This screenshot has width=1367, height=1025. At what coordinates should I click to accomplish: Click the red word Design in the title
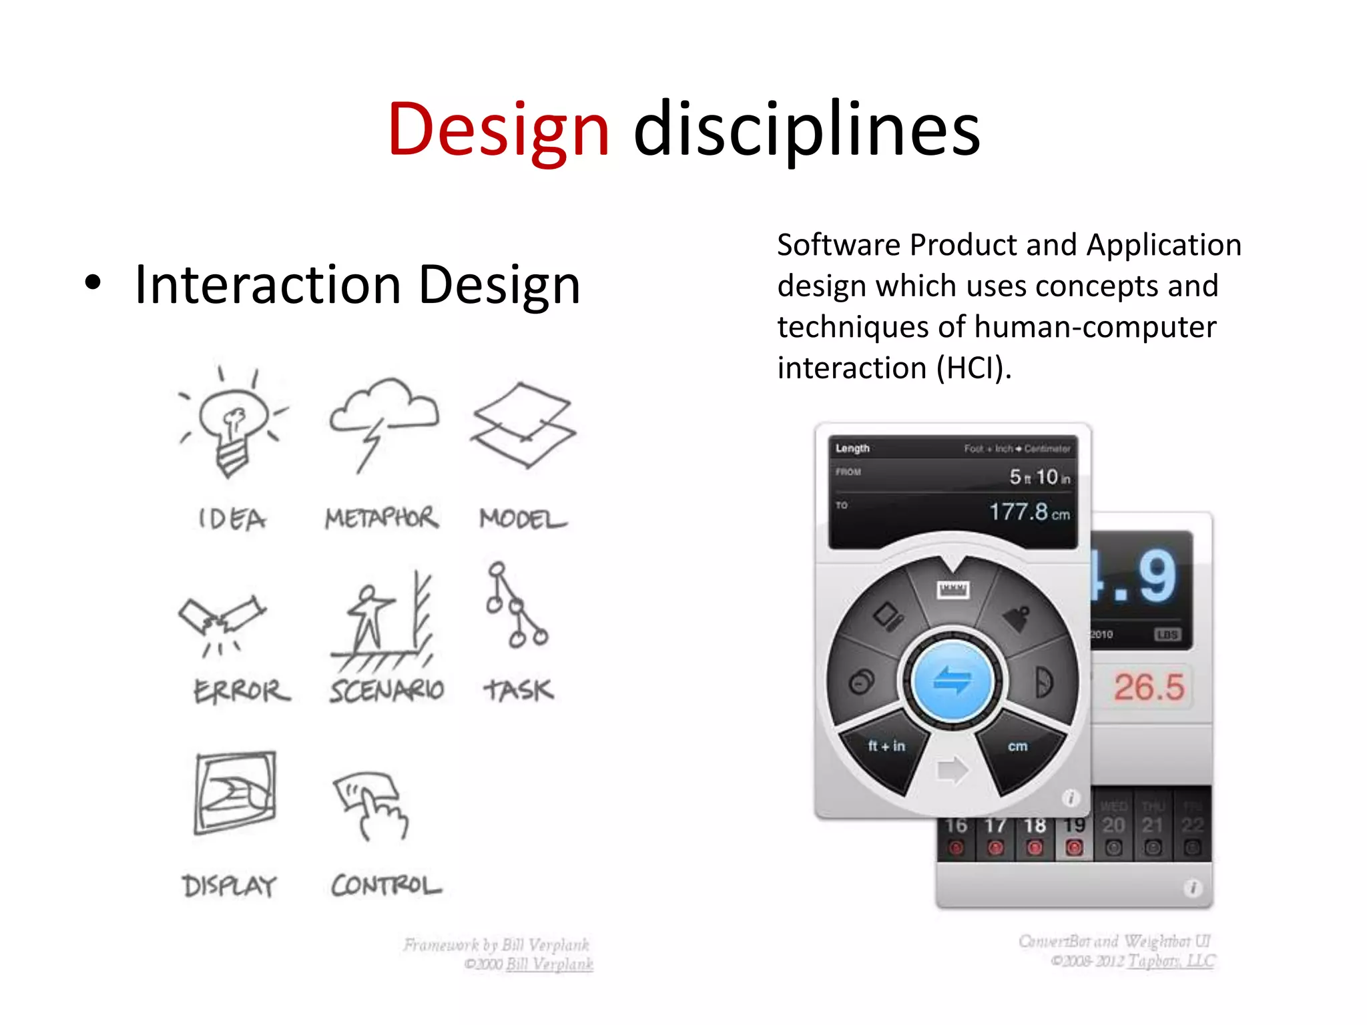tap(499, 130)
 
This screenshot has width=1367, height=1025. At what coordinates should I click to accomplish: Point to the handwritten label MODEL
tap(523, 519)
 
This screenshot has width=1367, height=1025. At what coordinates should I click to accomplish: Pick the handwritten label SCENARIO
tap(386, 690)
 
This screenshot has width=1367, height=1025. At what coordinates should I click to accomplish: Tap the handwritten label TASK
tap(519, 690)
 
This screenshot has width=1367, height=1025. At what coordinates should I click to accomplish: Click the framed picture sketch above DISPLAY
tap(235, 793)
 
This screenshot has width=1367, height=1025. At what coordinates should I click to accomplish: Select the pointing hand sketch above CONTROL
tap(371, 804)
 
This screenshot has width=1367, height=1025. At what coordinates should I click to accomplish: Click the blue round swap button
tap(952, 681)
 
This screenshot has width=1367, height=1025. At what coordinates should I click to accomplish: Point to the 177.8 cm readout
tap(1029, 512)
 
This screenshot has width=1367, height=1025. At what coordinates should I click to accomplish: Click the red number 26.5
tap(1149, 687)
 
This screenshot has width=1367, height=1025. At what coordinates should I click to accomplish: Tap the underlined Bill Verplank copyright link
tap(549, 964)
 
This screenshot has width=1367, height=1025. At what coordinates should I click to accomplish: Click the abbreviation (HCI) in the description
tap(974, 368)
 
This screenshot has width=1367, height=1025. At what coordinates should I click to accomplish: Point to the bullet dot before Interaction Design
tap(93, 283)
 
